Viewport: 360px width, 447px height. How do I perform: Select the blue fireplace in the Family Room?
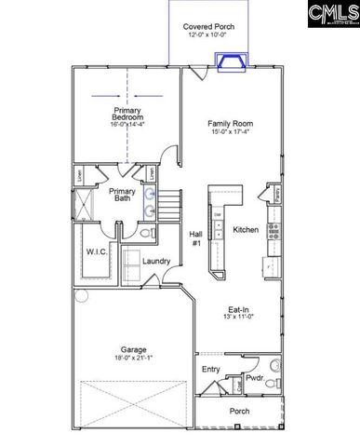pyautogui.click(x=229, y=61)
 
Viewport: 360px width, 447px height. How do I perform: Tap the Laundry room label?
pyautogui.click(x=156, y=262)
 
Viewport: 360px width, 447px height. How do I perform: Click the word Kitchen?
pyautogui.click(x=246, y=229)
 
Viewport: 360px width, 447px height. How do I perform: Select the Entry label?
pyautogui.click(x=211, y=369)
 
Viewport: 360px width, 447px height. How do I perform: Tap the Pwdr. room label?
pyautogui.click(x=255, y=378)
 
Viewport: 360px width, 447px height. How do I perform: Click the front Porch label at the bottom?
pyautogui.click(x=240, y=411)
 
